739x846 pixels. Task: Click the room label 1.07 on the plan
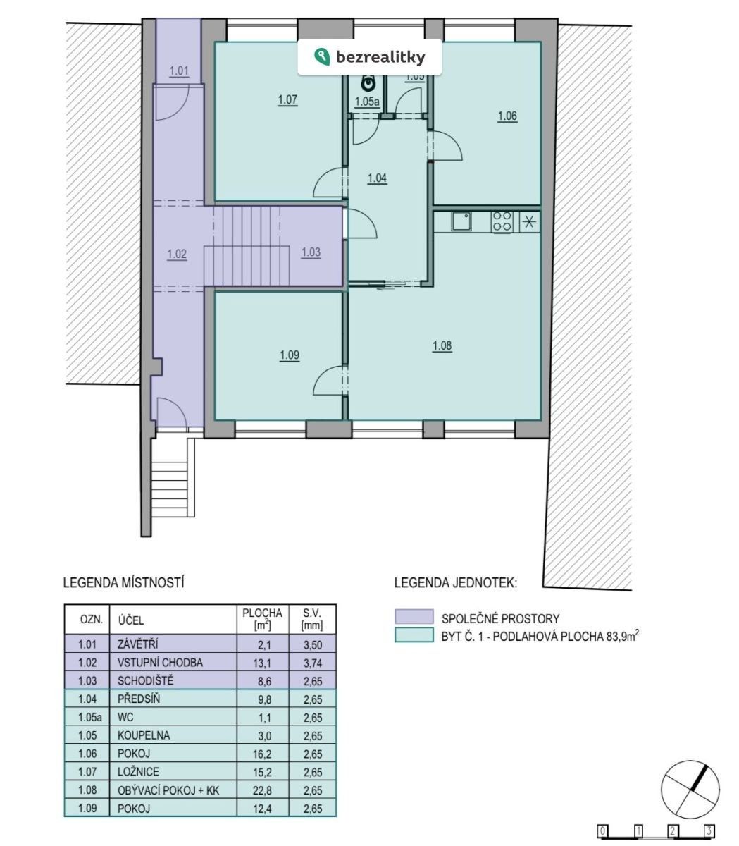(287, 99)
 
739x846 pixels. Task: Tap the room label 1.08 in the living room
(442, 345)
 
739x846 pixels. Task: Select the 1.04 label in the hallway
(377, 178)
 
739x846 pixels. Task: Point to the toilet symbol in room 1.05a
(367, 83)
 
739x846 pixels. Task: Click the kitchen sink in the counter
(461, 221)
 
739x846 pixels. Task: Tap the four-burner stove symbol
(502, 221)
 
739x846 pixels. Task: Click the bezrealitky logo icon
(322, 56)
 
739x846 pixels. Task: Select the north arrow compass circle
(690, 790)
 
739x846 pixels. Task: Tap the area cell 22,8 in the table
(262, 790)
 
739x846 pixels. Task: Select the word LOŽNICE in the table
(138, 771)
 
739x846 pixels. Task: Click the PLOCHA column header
(262, 613)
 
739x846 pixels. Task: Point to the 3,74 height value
(313, 663)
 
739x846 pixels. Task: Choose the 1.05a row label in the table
(89, 717)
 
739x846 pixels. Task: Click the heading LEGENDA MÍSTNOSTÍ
(123, 582)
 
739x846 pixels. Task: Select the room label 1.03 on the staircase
(311, 252)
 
